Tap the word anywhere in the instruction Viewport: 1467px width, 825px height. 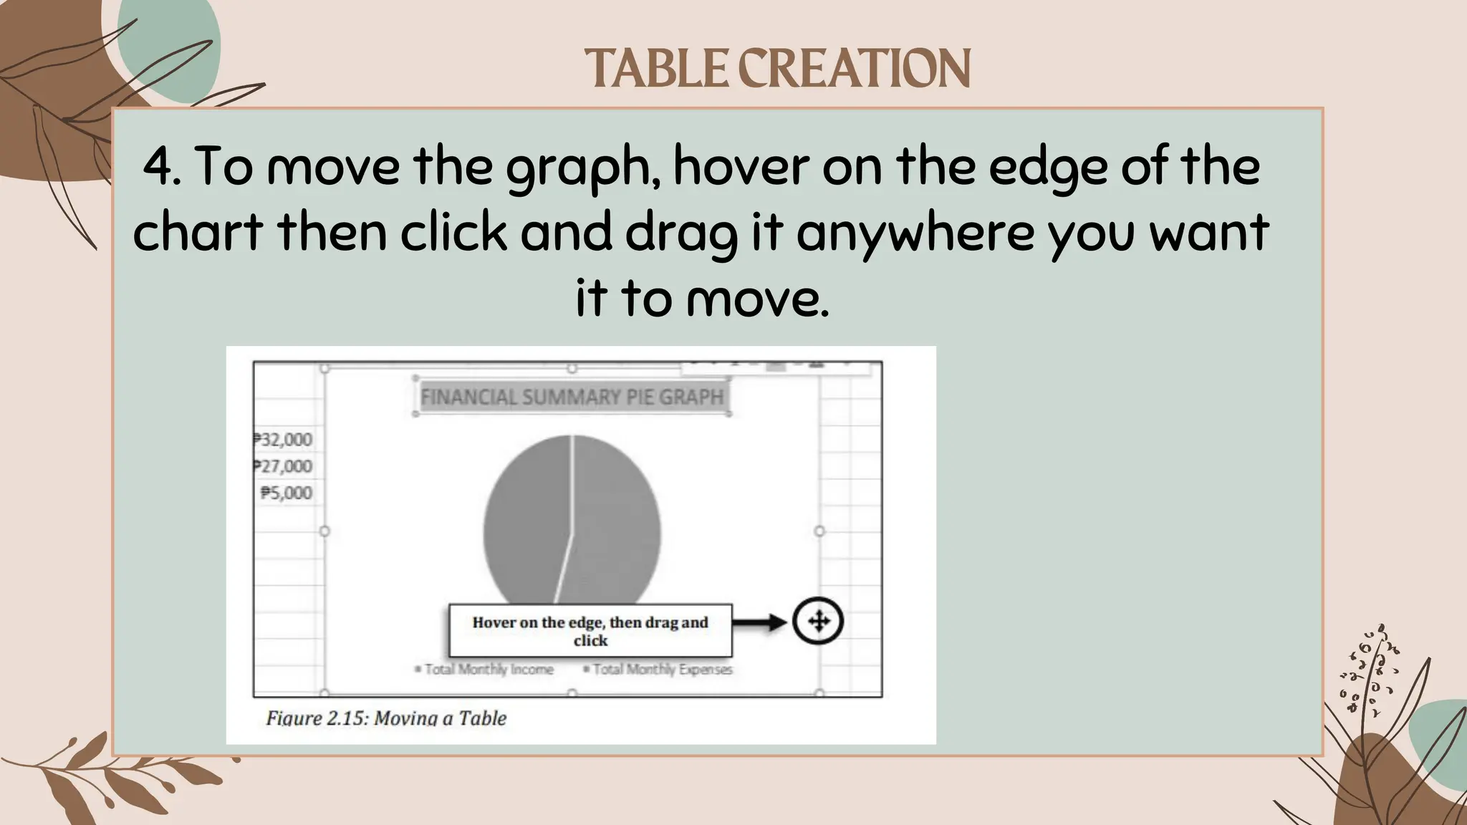[915, 233]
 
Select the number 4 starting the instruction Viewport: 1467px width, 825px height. [158, 166]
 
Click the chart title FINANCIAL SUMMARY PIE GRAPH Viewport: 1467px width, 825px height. [572, 397]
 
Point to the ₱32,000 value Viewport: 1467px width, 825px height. [284, 440]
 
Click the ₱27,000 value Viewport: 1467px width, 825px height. [284, 466]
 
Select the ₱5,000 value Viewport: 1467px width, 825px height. [287, 493]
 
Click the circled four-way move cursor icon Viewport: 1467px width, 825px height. [818, 621]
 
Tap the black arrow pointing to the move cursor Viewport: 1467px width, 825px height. [761, 622]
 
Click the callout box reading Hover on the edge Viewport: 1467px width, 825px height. [590, 631]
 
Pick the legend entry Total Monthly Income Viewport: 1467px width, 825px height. [485, 669]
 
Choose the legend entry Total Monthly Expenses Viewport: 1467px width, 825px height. [658, 669]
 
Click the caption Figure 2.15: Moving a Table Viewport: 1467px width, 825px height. [386, 718]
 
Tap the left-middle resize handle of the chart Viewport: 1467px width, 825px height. [324, 531]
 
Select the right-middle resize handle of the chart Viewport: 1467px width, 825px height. [819, 531]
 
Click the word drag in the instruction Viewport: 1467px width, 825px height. [681, 233]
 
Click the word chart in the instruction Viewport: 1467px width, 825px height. [198, 233]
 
